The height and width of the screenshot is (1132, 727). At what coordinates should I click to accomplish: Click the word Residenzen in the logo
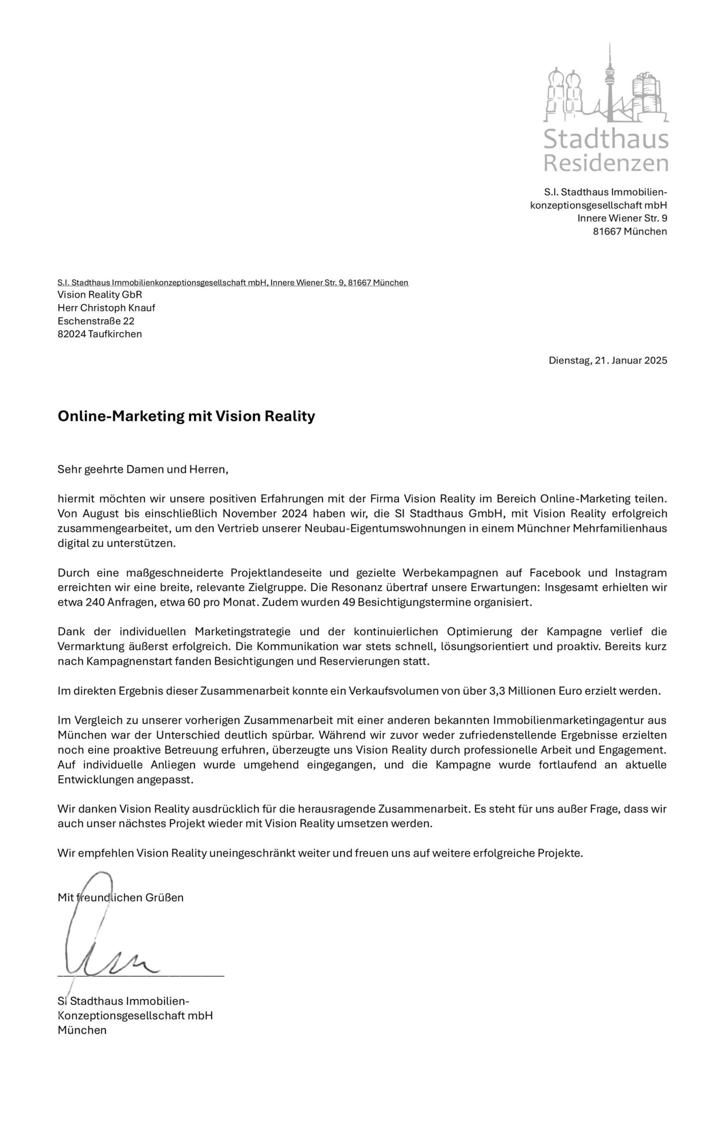[606, 163]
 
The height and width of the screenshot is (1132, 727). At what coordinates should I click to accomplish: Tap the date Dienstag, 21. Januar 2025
[608, 361]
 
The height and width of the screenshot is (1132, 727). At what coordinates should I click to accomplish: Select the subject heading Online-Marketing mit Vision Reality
[186, 417]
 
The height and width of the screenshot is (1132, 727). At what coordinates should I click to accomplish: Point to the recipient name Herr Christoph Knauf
[106, 308]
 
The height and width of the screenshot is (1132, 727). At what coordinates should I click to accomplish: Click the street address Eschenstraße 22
[96, 321]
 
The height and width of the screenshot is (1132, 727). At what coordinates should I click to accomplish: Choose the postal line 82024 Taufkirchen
[99, 334]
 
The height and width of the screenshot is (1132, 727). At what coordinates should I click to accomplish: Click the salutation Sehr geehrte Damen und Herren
[142, 470]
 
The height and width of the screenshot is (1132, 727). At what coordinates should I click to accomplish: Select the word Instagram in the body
[641, 573]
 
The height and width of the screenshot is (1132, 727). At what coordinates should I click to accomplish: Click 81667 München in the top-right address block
[630, 231]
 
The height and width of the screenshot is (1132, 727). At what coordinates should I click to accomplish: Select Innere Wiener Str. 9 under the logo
[622, 218]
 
